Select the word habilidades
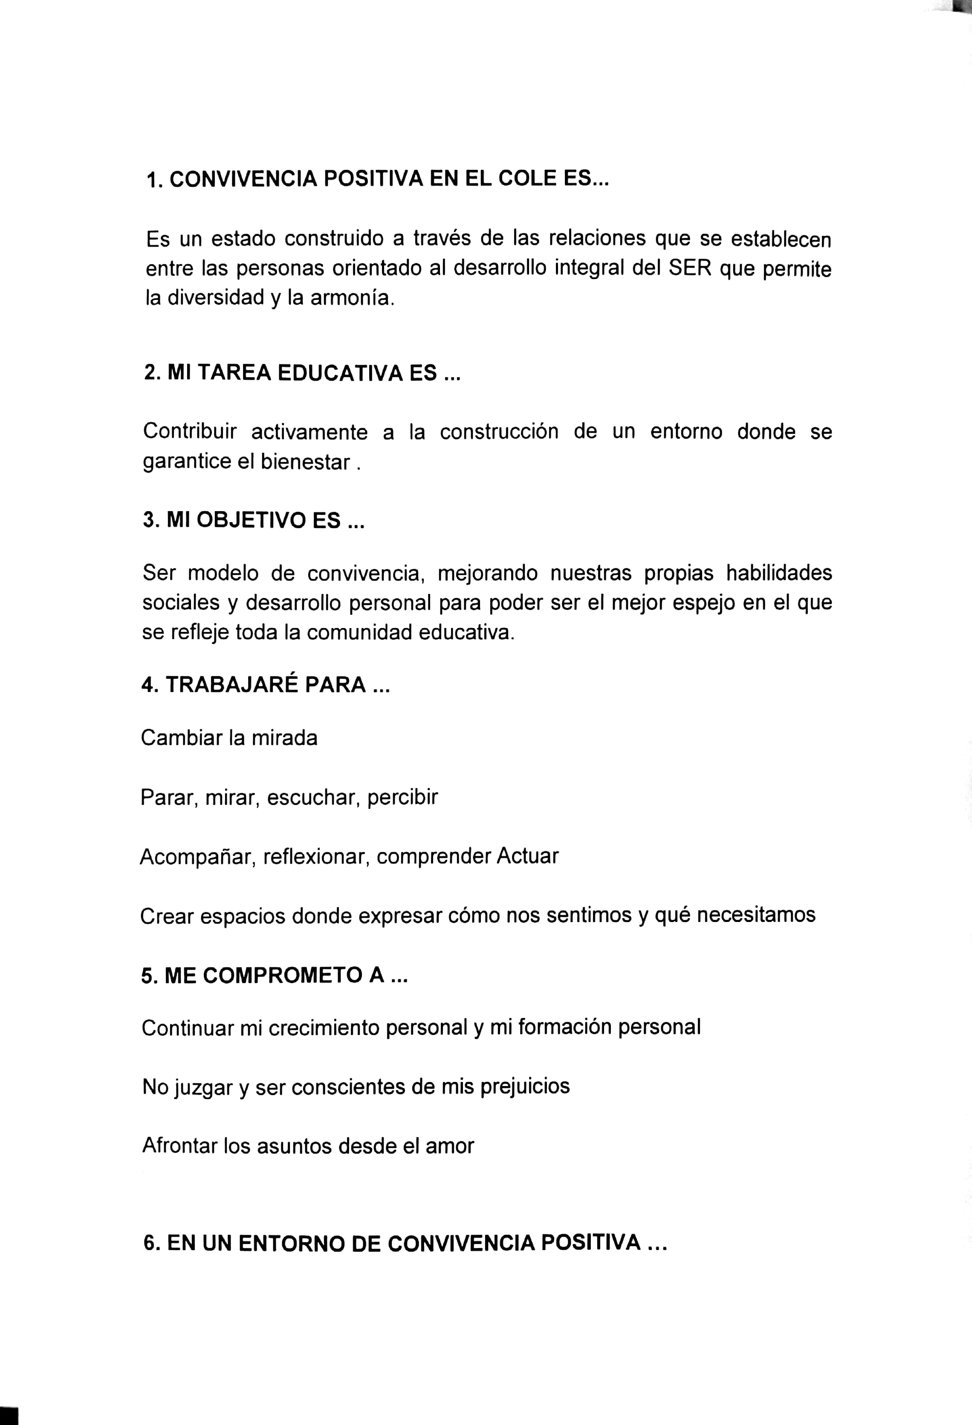(x=778, y=573)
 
